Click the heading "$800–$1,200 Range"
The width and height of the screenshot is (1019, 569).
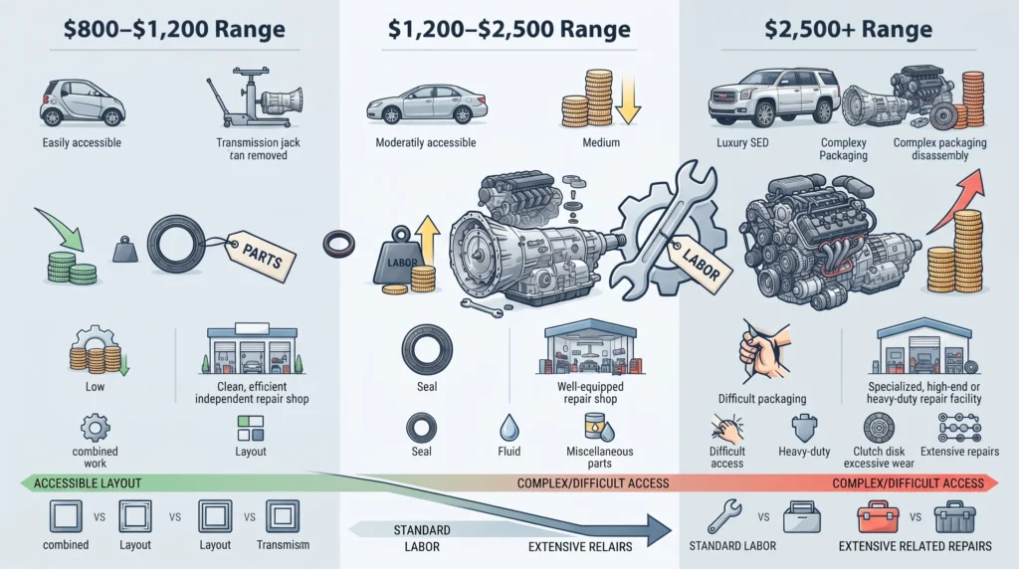pos(174,29)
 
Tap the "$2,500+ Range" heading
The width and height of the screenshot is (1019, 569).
pos(848,29)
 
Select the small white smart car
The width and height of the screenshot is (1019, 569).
pos(82,102)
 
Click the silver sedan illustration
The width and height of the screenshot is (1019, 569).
pos(427,103)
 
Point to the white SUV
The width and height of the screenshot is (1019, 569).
pos(773,97)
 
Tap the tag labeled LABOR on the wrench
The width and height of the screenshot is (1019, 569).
pos(701,260)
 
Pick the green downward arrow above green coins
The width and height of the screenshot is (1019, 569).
pos(61,228)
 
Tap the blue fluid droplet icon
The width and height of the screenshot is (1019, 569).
pos(509,428)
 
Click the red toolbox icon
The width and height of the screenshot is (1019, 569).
pos(878,517)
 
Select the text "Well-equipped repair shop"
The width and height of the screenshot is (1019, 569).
pos(590,392)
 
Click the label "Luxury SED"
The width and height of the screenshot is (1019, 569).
pos(742,142)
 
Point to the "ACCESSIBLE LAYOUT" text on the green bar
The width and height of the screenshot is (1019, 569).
pos(88,483)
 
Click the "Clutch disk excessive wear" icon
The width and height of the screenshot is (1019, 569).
pos(879,428)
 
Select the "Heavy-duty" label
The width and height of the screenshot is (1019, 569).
pos(804,451)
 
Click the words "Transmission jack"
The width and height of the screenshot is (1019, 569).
pos(258,142)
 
